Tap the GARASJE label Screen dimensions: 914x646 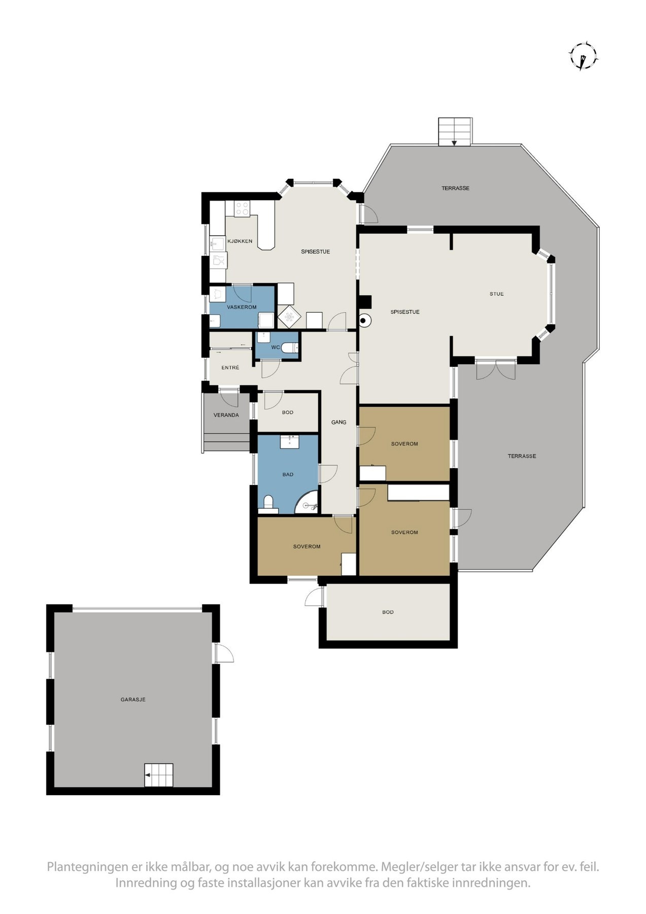[133, 699]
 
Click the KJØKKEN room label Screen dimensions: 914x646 [240, 241]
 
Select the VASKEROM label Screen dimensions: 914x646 [242, 307]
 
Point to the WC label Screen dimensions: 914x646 [276, 347]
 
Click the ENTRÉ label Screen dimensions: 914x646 [230, 367]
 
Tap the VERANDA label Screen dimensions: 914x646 [226, 415]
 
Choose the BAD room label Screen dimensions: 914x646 [288, 474]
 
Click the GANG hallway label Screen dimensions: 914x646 [338, 422]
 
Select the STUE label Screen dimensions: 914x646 [496, 293]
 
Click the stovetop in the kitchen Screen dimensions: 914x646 [242, 208]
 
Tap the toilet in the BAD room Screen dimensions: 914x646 [268, 503]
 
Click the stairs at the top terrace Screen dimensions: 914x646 [455, 132]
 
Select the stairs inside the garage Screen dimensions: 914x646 [158, 775]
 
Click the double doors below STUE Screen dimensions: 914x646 [495, 370]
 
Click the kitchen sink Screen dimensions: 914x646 [217, 244]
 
